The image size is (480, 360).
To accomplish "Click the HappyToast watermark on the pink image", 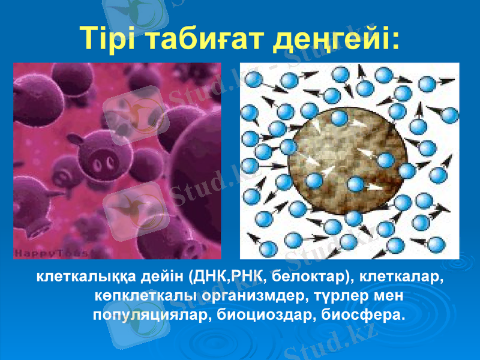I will [x=51, y=253].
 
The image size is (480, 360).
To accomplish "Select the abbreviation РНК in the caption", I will [x=246, y=278].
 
